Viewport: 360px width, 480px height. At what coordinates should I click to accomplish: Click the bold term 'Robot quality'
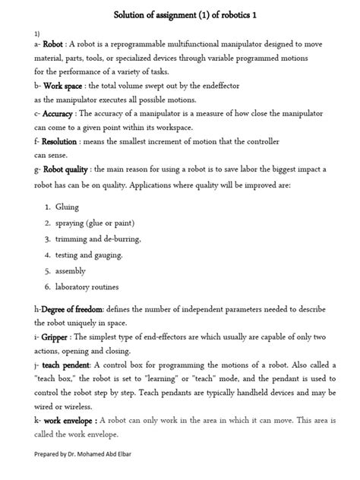point(65,169)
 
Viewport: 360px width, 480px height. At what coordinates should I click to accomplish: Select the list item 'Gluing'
point(67,207)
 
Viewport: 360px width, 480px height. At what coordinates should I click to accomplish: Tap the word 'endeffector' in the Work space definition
point(256,87)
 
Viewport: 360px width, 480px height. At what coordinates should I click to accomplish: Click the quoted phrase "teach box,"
point(60,379)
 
